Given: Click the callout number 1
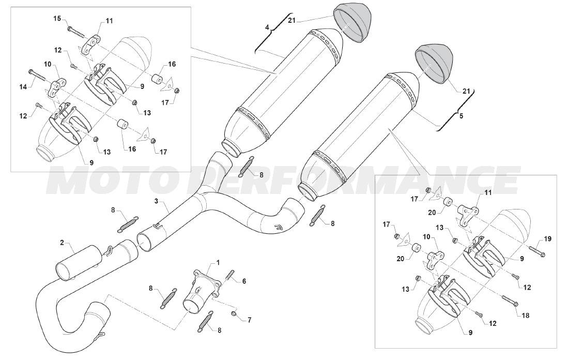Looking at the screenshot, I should tap(218, 262).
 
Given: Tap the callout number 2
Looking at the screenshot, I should tap(62, 242).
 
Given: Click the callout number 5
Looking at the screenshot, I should tap(461, 116).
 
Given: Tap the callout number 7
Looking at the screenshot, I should tap(249, 320).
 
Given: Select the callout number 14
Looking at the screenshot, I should tap(23, 87).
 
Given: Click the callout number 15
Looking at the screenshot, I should tap(57, 19).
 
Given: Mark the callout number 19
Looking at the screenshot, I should tap(548, 238).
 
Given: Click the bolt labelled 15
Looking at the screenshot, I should tap(76, 31).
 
